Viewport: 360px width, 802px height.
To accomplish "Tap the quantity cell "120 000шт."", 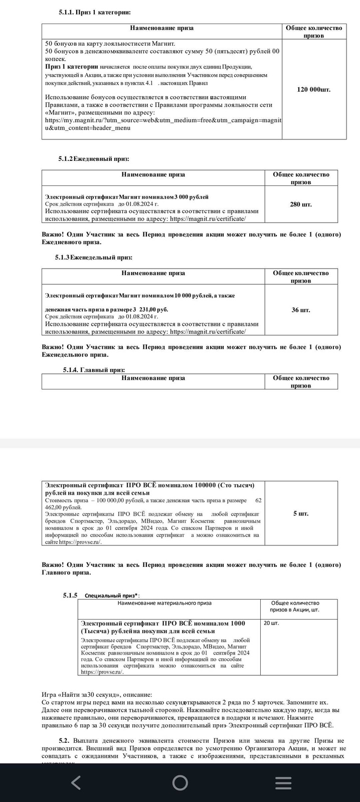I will (x=314, y=89).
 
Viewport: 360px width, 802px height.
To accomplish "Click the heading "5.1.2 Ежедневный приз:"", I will (x=94, y=158).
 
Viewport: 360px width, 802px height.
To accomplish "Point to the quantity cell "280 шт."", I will (x=301, y=204).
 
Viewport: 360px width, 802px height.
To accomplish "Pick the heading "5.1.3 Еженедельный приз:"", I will (x=94, y=257).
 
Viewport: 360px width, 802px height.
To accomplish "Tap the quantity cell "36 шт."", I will (x=301, y=310).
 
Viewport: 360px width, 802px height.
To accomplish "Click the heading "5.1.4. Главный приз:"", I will (x=94, y=370).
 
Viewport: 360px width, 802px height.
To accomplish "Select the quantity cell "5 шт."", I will (x=301, y=513).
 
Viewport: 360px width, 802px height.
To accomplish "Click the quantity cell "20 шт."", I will (x=271, y=623).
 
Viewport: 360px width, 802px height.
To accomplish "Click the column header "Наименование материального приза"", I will (x=164, y=603).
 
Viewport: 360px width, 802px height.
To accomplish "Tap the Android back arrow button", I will (x=76, y=782).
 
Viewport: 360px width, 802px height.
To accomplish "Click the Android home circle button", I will (x=180, y=782).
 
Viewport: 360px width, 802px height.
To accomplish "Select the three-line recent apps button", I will (x=283, y=782).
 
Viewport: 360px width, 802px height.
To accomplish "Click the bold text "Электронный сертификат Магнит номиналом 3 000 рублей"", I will (x=127, y=196).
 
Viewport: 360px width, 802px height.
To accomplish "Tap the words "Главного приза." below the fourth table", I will (x=66, y=572).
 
